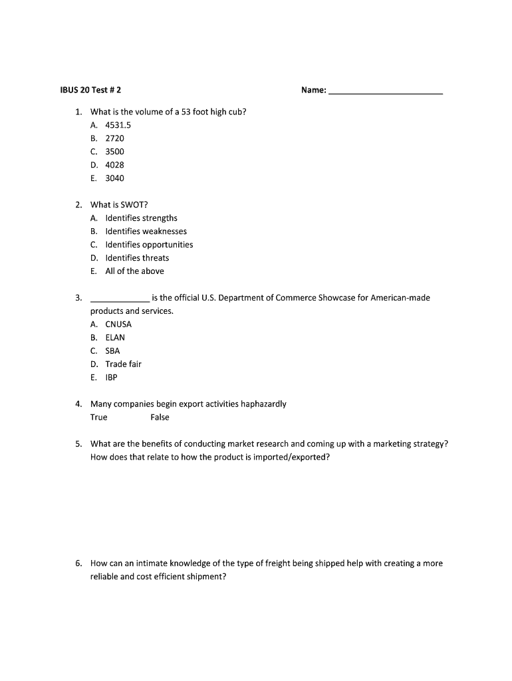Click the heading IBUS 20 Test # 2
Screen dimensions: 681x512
86,90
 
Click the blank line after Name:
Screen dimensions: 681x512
386,92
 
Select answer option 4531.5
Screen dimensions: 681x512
118,125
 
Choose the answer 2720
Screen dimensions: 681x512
114,138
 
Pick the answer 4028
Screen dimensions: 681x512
114,165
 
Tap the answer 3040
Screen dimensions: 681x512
114,178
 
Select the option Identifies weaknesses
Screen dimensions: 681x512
146,231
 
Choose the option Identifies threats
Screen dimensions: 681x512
137,258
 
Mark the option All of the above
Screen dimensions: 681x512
134,271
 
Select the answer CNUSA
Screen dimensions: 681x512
118,325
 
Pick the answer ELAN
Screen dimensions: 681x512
115,338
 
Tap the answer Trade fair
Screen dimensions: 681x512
123,364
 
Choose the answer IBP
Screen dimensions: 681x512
112,378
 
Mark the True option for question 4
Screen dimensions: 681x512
98,418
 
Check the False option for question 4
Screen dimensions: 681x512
160,418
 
